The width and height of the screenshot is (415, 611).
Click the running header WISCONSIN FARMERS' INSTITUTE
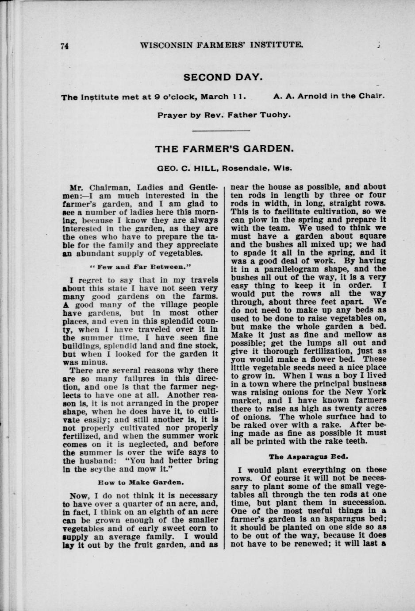221,45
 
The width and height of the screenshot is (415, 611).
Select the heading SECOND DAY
223,77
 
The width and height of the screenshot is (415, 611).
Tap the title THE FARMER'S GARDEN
224,149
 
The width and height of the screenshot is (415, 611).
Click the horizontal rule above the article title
222,131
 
